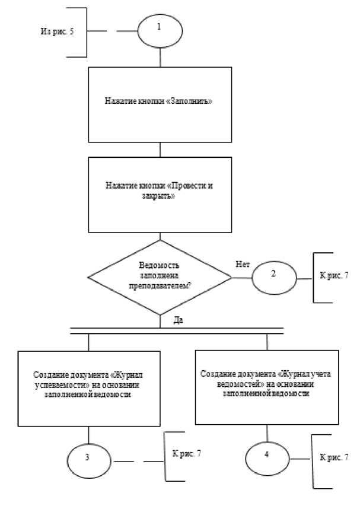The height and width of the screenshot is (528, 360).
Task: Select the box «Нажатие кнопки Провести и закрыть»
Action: pos(160,194)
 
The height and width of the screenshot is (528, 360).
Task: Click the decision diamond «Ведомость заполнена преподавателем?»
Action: pos(160,276)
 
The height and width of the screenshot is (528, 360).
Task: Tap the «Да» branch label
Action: pos(177,320)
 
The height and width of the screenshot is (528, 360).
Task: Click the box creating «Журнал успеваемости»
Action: pos(89,387)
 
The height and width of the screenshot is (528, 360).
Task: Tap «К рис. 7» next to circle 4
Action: pos(334,458)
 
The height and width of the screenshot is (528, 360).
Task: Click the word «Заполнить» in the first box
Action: pos(191,101)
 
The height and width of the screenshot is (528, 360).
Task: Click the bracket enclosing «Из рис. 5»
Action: pos(86,32)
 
